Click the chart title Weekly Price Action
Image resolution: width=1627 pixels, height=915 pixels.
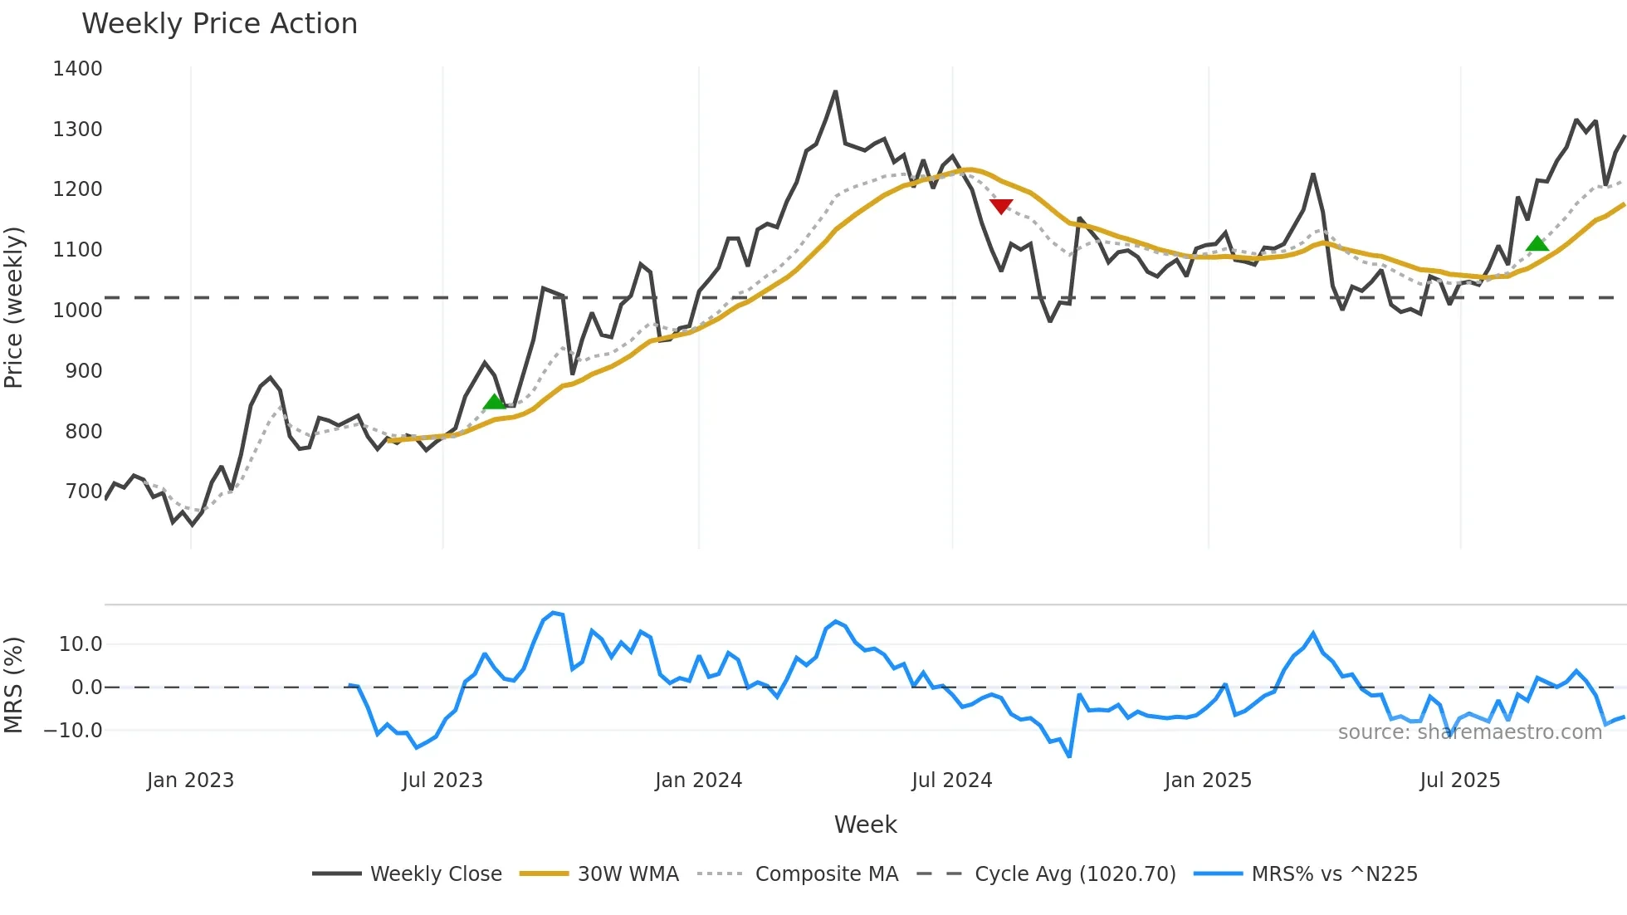click(219, 23)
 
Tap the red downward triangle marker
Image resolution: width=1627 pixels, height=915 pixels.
click(1001, 206)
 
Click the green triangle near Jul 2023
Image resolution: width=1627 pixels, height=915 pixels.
click(494, 402)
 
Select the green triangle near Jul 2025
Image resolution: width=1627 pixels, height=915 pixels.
click(1537, 243)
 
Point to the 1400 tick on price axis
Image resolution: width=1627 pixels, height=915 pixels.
click(77, 69)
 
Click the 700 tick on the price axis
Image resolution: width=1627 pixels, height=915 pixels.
click(84, 492)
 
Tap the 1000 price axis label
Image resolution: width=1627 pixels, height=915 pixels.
click(77, 311)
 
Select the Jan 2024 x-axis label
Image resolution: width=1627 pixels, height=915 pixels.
click(698, 780)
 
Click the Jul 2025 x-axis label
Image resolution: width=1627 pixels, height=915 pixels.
click(1459, 780)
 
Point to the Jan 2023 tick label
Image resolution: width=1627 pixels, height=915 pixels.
click(190, 780)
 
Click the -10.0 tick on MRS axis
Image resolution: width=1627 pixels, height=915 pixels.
click(73, 731)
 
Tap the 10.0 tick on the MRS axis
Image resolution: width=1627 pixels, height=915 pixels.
click(81, 644)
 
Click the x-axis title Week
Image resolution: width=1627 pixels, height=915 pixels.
click(865, 824)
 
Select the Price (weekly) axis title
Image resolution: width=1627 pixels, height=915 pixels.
click(14, 307)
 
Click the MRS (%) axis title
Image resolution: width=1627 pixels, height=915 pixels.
click(14, 685)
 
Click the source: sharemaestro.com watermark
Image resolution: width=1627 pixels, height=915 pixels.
click(1469, 732)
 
